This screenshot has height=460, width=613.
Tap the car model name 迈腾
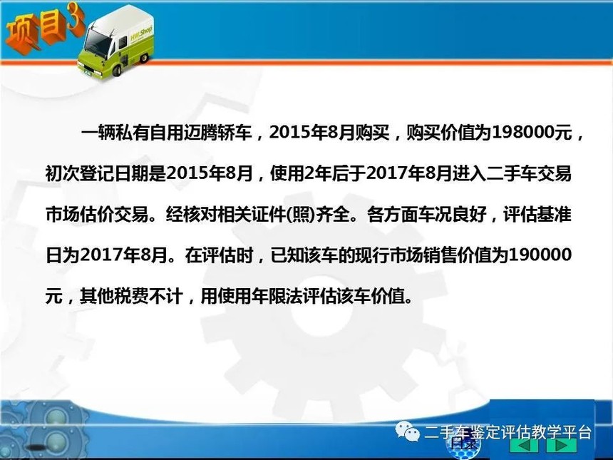point(200,133)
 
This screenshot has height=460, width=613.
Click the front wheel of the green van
point(118,69)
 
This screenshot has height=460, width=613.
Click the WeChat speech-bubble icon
point(406,431)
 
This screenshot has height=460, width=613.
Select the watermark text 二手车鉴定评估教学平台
point(508,433)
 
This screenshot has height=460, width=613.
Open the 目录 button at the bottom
point(464,443)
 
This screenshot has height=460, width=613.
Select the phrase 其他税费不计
point(131,297)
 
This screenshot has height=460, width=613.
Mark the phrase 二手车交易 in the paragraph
point(529,174)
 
